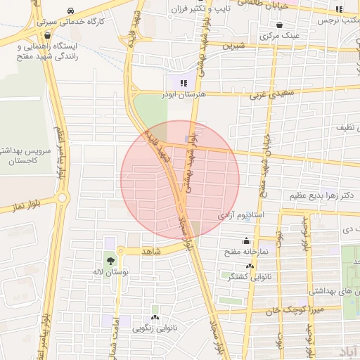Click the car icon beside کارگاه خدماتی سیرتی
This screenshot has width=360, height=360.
(x=72, y=11)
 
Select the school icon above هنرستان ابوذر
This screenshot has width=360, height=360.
(x=184, y=82)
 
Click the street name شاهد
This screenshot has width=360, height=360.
(x=152, y=251)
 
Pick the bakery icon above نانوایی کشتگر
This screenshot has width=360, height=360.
(x=250, y=266)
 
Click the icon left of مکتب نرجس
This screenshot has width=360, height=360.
(x=339, y=10)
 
